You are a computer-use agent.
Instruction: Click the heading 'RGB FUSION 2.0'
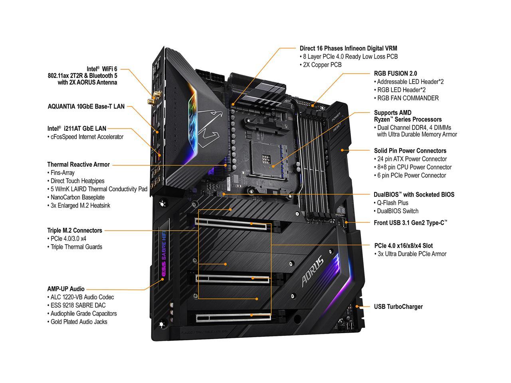pyautogui.click(x=395, y=73)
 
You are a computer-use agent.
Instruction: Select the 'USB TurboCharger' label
pyautogui.click(x=398, y=307)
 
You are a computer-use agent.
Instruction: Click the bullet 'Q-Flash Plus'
pyautogui.click(x=393, y=203)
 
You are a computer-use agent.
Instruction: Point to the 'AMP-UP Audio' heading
pyautogui.click(x=66, y=289)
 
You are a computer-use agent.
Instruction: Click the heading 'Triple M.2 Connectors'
pyautogui.click(x=75, y=230)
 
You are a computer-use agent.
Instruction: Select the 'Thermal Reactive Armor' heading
pyautogui.click(x=78, y=164)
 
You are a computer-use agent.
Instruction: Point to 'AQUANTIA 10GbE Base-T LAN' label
pyautogui.click(x=86, y=107)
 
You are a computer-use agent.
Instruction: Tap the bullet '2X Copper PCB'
pyautogui.click(x=322, y=65)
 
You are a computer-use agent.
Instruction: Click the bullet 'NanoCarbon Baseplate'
pyautogui.click(x=77, y=197)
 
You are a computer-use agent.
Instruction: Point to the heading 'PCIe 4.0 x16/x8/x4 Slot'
pyautogui.click(x=403, y=246)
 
